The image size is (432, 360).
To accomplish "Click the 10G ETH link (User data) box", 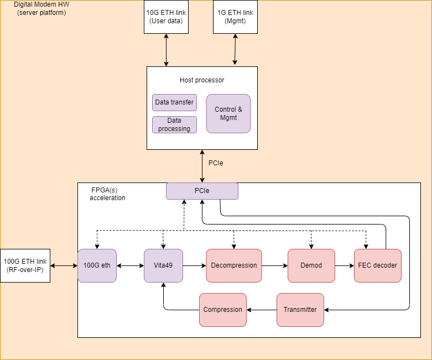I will [x=166, y=17].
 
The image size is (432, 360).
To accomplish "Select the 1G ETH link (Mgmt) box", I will [x=235, y=17].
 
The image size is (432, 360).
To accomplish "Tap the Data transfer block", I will [x=174, y=102].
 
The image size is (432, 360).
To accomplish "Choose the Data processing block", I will [x=174, y=124].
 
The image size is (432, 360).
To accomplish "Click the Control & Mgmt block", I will [x=228, y=113].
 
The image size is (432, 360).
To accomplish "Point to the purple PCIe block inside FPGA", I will [x=202, y=191].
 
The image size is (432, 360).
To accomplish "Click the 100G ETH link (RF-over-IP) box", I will [x=25, y=265].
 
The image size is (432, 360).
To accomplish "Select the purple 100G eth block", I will [x=97, y=265].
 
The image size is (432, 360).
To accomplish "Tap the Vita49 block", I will [x=163, y=265].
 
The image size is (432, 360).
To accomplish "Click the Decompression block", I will [x=234, y=265].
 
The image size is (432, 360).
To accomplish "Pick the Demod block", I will [x=312, y=265].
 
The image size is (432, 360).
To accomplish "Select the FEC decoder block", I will [x=377, y=265].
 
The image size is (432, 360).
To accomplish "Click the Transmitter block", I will [x=300, y=310].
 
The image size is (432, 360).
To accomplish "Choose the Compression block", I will [x=223, y=310].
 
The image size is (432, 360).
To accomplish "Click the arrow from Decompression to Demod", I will [x=275, y=265].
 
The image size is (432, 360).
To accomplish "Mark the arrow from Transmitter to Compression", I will [x=262, y=310].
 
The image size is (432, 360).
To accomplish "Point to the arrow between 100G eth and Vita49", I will [x=130, y=265].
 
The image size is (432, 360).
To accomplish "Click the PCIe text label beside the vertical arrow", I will [x=216, y=163].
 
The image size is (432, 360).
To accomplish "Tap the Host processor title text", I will [x=202, y=80].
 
